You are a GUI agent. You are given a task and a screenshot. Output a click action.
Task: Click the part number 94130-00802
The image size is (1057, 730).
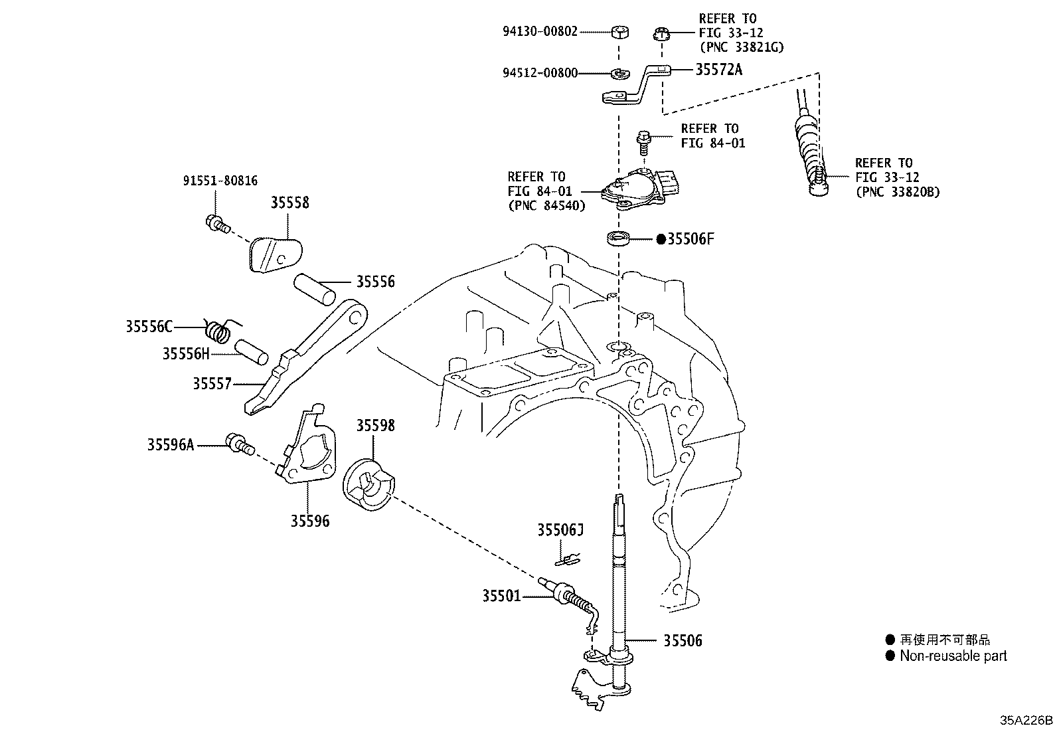(540, 32)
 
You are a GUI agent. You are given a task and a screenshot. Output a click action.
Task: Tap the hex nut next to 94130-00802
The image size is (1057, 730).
(619, 32)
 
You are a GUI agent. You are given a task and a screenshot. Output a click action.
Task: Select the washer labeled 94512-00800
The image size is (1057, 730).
(619, 74)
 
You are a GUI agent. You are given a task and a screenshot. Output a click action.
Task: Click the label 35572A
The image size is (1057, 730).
(718, 70)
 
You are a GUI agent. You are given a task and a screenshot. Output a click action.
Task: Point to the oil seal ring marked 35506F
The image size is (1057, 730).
(618, 238)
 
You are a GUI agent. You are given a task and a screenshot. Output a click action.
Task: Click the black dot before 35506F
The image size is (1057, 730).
(661, 239)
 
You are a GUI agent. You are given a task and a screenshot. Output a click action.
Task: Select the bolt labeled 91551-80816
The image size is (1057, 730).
(218, 223)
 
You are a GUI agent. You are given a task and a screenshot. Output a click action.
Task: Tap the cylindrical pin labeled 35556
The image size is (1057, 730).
(314, 289)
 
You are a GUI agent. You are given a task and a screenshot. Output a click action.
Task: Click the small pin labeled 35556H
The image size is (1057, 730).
(252, 352)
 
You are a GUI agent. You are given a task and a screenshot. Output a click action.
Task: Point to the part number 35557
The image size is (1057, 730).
(212, 383)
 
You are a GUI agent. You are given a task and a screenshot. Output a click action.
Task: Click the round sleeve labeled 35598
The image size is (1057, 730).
(368, 484)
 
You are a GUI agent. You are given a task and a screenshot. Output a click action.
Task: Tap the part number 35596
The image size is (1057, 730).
(309, 521)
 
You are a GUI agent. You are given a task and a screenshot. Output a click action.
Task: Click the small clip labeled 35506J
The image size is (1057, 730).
(568, 560)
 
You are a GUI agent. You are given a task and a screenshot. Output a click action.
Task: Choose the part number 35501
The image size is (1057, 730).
(501, 596)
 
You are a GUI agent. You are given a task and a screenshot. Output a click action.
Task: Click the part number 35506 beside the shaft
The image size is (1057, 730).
(683, 641)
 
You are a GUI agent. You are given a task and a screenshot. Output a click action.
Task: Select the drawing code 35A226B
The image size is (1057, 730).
(1026, 719)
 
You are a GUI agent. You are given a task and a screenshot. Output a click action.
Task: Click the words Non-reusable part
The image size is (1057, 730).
(953, 656)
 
